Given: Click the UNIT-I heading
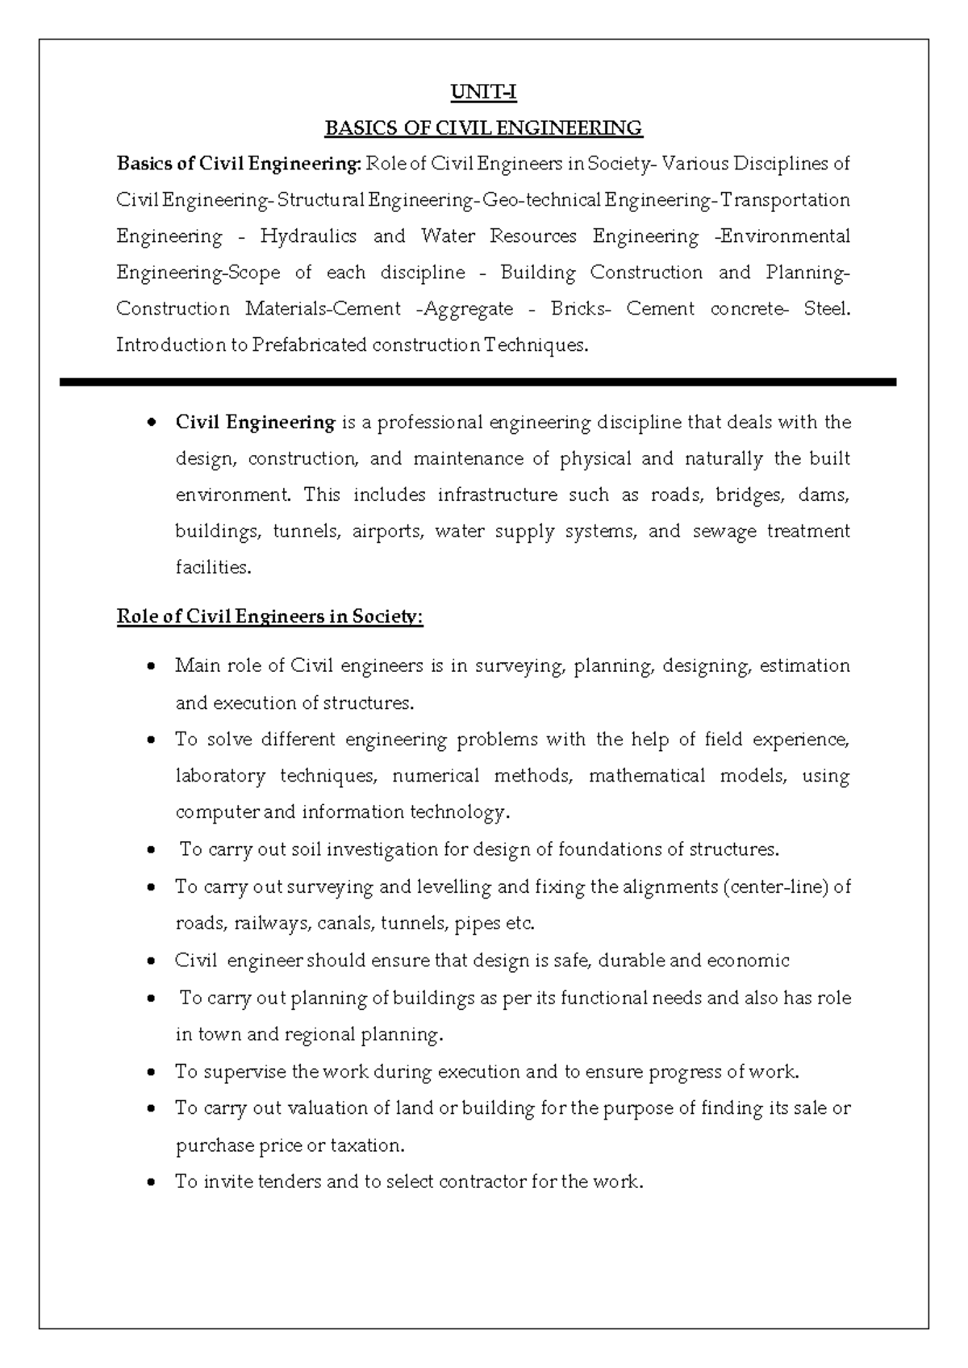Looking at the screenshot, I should click(x=483, y=93).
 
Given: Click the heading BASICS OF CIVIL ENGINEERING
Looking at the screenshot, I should click(x=483, y=128).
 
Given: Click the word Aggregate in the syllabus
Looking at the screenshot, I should click(x=469, y=309).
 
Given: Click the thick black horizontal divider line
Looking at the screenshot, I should click(x=478, y=382).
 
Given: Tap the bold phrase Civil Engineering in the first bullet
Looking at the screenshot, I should click(x=255, y=423).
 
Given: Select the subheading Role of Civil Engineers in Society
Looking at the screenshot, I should click(x=269, y=617).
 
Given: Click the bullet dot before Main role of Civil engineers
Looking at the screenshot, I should click(x=152, y=667).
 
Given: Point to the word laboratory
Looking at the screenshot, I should click(x=220, y=776).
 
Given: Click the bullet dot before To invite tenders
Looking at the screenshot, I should click(x=152, y=1183).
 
